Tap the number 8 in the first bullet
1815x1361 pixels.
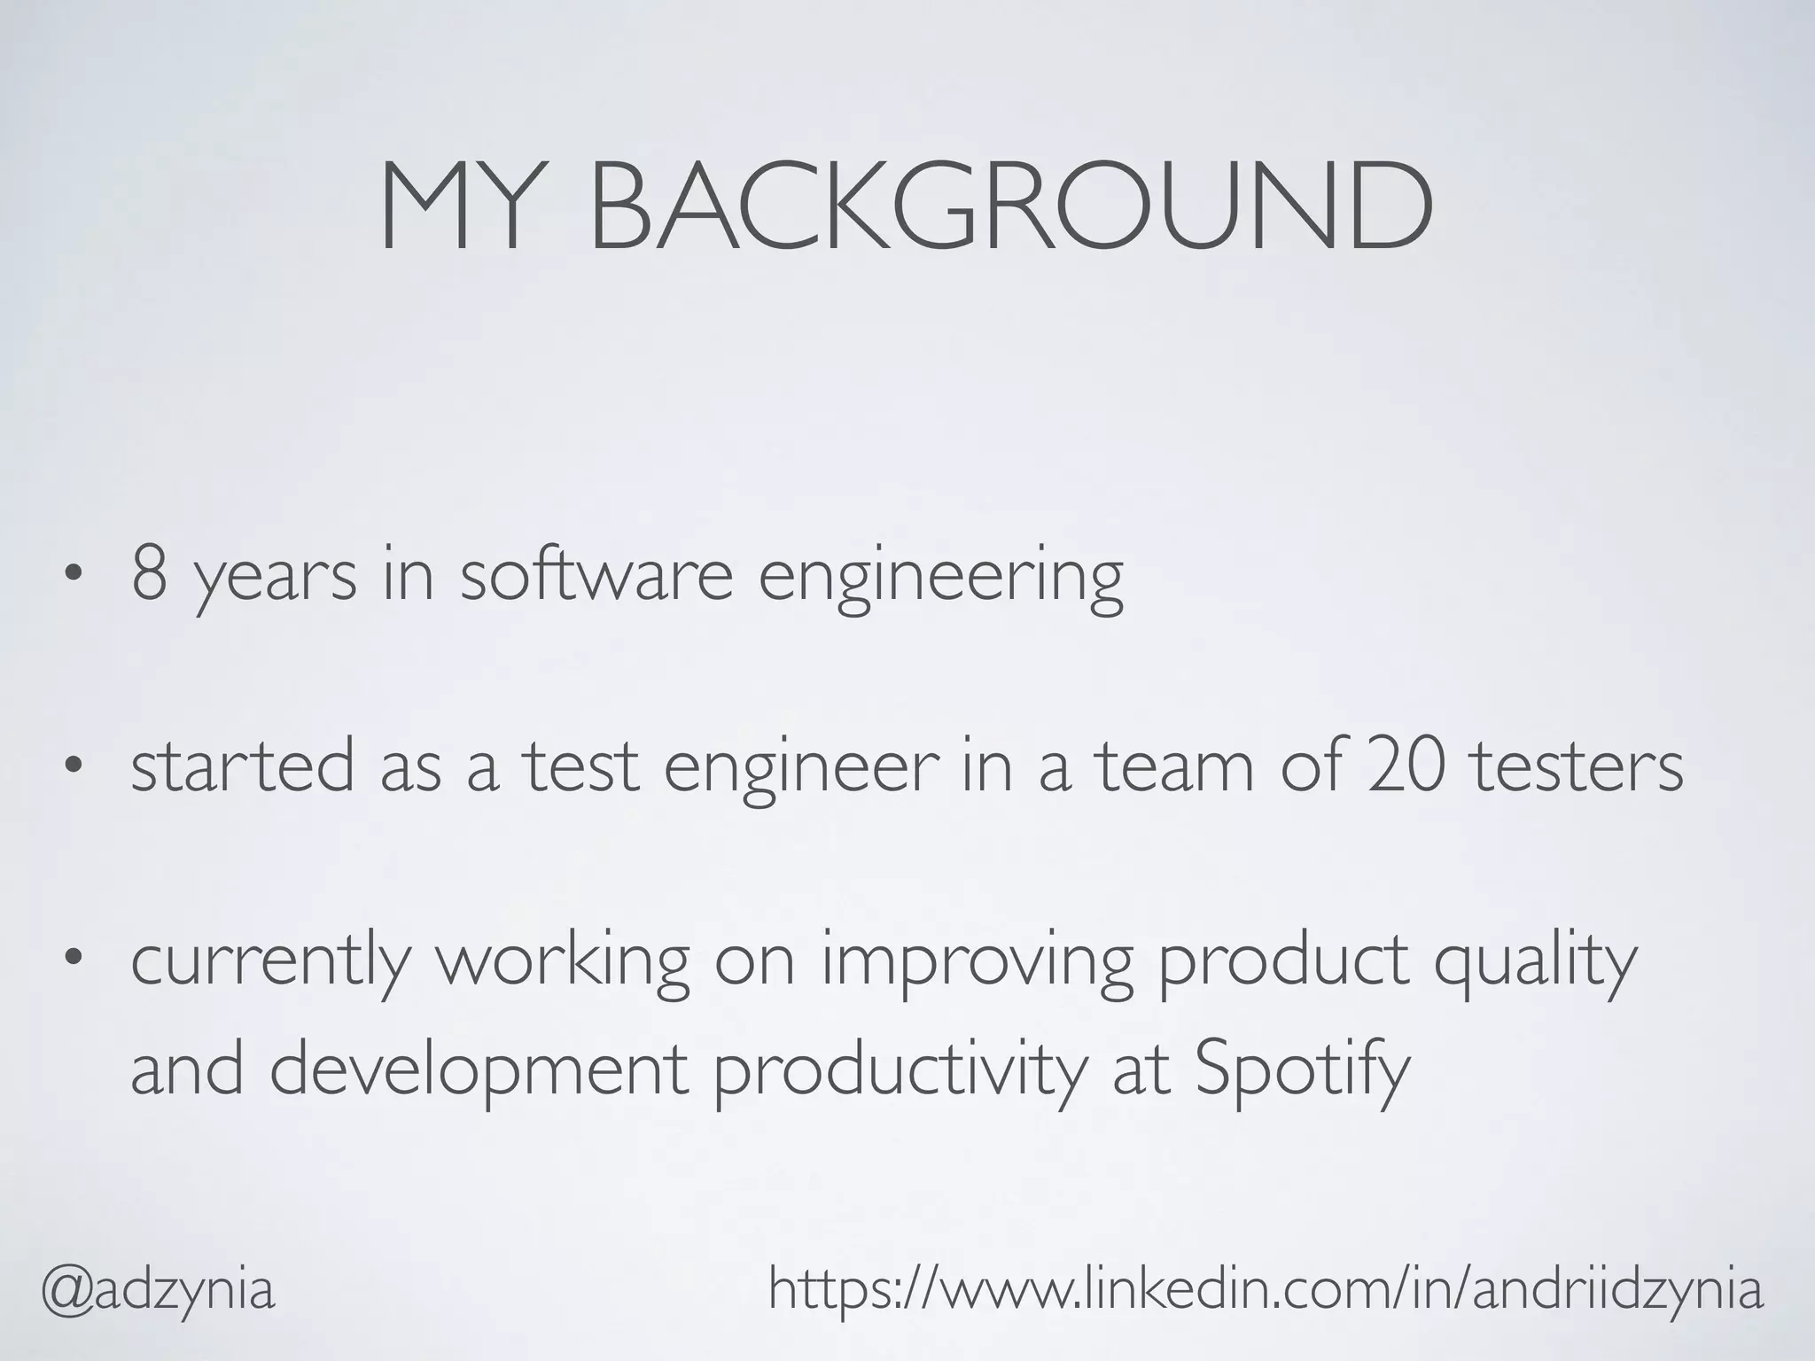(150, 575)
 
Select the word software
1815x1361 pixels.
(596, 575)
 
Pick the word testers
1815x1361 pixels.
(1577, 766)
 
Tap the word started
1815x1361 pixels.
(242, 766)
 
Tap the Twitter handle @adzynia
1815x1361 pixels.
(159, 1289)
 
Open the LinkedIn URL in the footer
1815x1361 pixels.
(1266, 1289)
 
